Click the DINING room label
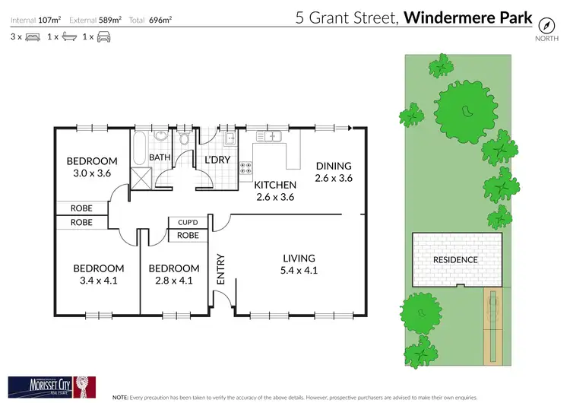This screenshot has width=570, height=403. [x=334, y=167]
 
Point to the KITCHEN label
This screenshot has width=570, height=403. [x=274, y=186]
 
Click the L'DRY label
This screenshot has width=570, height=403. [x=219, y=160]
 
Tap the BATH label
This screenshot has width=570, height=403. [x=160, y=157]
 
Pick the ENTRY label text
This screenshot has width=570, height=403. [x=221, y=270]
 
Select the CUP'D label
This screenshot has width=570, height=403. [x=188, y=222]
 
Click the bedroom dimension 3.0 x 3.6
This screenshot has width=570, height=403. [x=92, y=173]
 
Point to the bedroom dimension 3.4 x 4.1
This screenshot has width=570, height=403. [x=98, y=281]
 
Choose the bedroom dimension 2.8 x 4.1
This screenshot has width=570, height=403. [x=174, y=281]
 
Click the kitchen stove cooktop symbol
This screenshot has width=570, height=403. [x=246, y=168]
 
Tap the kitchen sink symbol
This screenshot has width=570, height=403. [x=270, y=136]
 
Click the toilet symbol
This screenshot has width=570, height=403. [x=185, y=138]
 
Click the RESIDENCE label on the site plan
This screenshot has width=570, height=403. [x=456, y=260]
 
